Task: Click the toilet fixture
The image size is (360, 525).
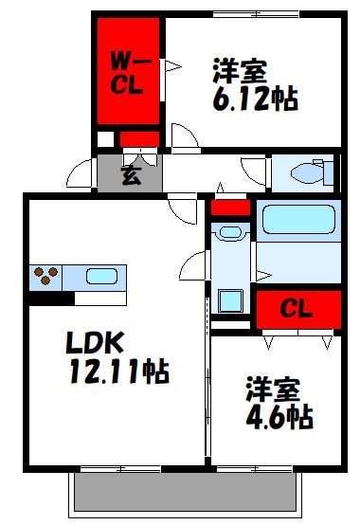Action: point(310,172)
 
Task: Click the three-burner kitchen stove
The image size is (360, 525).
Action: point(46,278)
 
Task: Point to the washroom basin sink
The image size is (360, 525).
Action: point(229,231)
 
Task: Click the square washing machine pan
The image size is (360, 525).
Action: point(230,301)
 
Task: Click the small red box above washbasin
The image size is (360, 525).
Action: point(229,207)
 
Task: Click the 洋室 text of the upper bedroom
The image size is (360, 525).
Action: point(241,70)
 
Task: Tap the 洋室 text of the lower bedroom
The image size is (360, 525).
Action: point(275,389)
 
